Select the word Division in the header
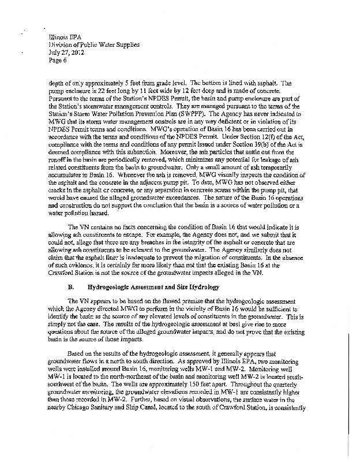click(62, 43)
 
